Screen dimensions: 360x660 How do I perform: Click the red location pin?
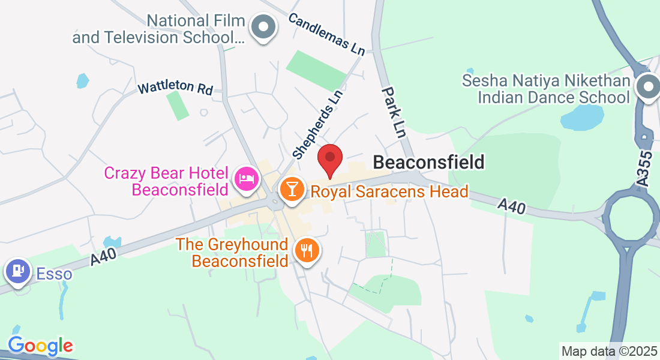coord(329,160)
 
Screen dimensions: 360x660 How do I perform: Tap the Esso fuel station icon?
coord(18,271)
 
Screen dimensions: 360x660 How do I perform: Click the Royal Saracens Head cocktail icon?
coord(292,188)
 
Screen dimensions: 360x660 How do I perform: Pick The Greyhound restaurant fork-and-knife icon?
coord(308,250)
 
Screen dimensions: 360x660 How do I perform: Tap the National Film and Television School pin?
coord(263,27)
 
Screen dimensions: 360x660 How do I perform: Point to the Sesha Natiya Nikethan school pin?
coord(647,86)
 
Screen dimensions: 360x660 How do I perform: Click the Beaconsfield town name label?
coord(428,162)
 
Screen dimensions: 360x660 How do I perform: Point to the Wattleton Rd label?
coord(175,88)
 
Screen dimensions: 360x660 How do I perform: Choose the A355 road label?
coord(643,172)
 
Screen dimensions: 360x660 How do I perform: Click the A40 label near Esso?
coord(103,257)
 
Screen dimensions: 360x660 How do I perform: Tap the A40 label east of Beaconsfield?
coord(512,207)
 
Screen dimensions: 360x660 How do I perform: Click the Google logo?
coord(40,346)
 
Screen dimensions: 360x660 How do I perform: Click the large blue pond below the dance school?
coord(582,118)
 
